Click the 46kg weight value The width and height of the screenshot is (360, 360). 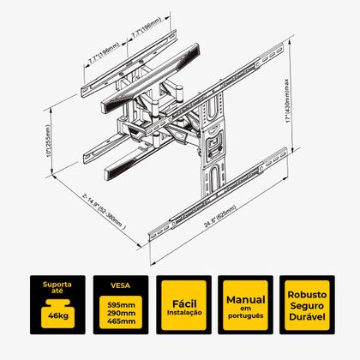[x=58, y=316]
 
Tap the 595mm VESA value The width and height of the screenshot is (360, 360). [x=121, y=305]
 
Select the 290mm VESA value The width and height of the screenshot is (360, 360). [x=121, y=313]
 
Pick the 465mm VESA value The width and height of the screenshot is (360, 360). [x=121, y=321]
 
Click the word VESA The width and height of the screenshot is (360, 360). [x=120, y=285]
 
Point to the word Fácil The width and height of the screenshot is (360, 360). [x=184, y=303]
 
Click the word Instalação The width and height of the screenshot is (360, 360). [x=184, y=313]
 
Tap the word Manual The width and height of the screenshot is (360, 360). [x=246, y=300]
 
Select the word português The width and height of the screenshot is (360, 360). [x=246, y=315]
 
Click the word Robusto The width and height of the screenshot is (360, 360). [x=307, y=295]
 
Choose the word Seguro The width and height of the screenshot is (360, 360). [x=307, y=306]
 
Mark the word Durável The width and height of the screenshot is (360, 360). [x=307, y=317]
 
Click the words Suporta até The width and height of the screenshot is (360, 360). [x=57, y=287]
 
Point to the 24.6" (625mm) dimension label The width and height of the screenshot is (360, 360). [x=220, y=216]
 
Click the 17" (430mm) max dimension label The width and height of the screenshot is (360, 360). [x=287, y=101]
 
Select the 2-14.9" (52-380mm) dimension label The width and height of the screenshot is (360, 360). [x=104, y=212]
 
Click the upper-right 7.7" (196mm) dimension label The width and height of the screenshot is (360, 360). [x=147, y=27]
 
